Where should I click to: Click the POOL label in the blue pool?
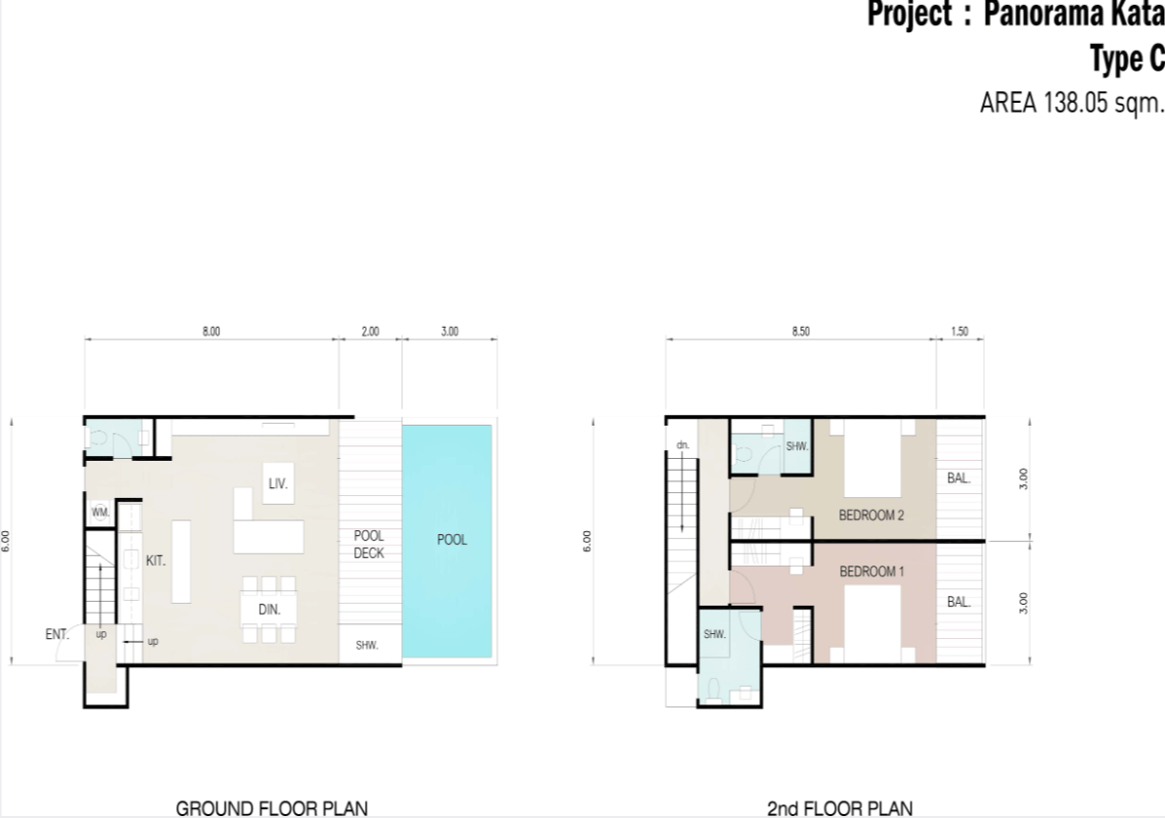tap(452, 539)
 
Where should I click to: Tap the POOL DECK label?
tap(369, 544)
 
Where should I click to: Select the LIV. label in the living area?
tap(278, 483)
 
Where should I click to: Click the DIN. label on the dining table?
tap(269, 610)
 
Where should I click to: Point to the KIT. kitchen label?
tap(156, 561)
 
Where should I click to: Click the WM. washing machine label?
tap(101, 512)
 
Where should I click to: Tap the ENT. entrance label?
tap(57, 634)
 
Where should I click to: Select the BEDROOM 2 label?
tap(872, 515)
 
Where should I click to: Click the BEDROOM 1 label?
tap(872, 571)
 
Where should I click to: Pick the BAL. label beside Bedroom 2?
tap(959, 478)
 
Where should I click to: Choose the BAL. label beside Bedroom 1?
tap(959, 602)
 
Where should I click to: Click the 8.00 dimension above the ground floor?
tap(211, 332)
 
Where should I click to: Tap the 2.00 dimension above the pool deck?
tap(370, 332)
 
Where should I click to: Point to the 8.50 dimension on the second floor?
tap(801, 332)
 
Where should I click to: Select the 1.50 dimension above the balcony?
tap(960, 332)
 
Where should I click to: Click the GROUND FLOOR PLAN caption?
tap(272, 808)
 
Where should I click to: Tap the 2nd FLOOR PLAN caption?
tap(839, 808)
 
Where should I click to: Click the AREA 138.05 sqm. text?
tap(1071, 103)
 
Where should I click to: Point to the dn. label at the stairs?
tap(683, 446)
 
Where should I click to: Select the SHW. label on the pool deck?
tap(367, 645)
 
